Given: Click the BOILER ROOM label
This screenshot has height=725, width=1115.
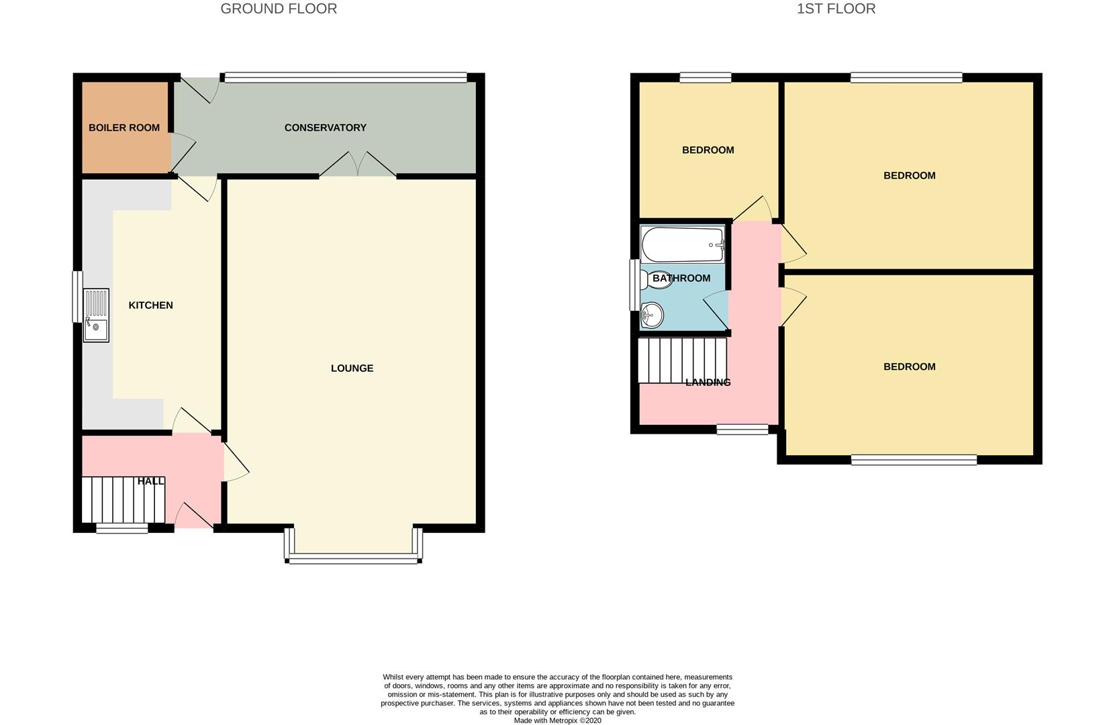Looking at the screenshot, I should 124,128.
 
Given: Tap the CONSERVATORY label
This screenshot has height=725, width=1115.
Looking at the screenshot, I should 325,128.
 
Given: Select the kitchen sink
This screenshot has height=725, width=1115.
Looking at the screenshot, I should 96,316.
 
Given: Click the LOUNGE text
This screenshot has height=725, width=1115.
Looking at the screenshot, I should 352,368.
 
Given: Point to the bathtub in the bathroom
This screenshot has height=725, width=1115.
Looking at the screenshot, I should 682,245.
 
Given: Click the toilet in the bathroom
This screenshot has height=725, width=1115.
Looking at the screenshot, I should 656,279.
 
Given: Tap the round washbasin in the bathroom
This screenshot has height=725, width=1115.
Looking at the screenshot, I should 652,314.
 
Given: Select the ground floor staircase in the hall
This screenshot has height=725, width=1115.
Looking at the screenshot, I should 123,499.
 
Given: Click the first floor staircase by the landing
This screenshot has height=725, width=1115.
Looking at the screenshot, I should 681,360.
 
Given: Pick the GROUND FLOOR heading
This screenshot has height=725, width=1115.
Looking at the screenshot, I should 279,9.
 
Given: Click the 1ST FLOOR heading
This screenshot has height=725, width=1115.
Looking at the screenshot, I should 836,9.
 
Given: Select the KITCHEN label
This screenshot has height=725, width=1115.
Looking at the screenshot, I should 150,305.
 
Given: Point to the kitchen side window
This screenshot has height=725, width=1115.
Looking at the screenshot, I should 77,296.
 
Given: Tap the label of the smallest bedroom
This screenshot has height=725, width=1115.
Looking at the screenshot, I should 708,150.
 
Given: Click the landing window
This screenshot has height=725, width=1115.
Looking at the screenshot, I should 742,429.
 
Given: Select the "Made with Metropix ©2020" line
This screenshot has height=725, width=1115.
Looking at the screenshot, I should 557,720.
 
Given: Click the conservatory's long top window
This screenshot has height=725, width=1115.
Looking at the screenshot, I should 345,78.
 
